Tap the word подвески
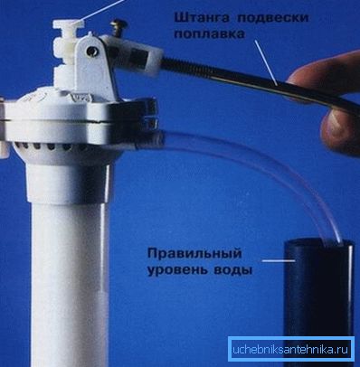pyautogui.click(x=273, y=18)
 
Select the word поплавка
pyautogui.click(x=210, y=34)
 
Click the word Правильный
pyautogui.click(x=194, y=254)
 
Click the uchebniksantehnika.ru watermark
pyautogui.click(x=290, y=350)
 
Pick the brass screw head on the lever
pyautogui.click(x=118, y=24)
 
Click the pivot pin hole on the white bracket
pyautogui.click(x=91, y=51)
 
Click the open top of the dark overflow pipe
pyautogui.click(x=319, y=241)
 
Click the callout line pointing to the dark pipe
pyautogui.click(x=279, y=260)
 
